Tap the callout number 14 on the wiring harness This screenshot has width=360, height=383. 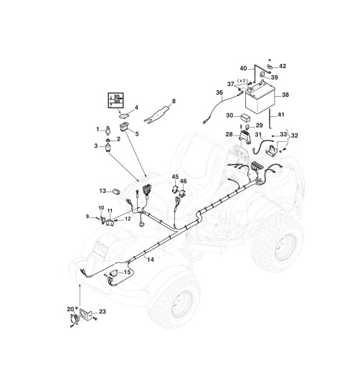(x=151, y=260)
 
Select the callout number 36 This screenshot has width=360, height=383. (x=219, y=93)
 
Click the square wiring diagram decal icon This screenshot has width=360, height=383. (x=115, y=100)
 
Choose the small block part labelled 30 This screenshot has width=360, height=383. (x=245, y=118)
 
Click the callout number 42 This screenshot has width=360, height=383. (x=283, y=66)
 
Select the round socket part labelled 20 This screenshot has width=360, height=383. (x=74, y=319)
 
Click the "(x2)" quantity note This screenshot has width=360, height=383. (x=243, y=80)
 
